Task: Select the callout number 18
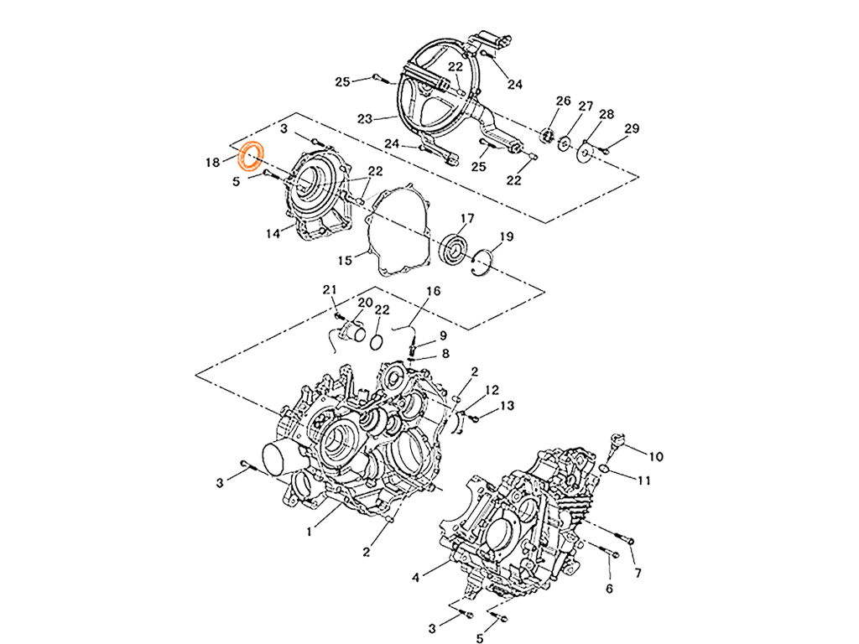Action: [212, 163]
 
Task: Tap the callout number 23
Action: [365, 119]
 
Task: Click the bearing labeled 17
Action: [455, 248]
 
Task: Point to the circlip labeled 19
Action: [482, 262]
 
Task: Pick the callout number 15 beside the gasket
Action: [345, 261]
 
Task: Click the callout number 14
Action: [273, 234]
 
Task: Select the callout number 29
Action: [632, 128]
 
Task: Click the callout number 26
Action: [563, 101]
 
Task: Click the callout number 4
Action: [416, 577]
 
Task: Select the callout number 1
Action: [309, 532]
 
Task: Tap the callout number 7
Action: [638, 573]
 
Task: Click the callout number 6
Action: [609, 589]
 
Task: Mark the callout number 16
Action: [434, 291]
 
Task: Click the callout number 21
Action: [329, 289]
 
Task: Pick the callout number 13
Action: [508, 406]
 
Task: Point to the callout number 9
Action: [443, 335]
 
